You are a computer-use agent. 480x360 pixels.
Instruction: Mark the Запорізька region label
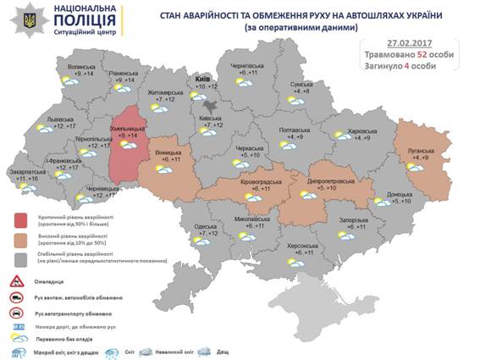[x=350, y=219]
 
